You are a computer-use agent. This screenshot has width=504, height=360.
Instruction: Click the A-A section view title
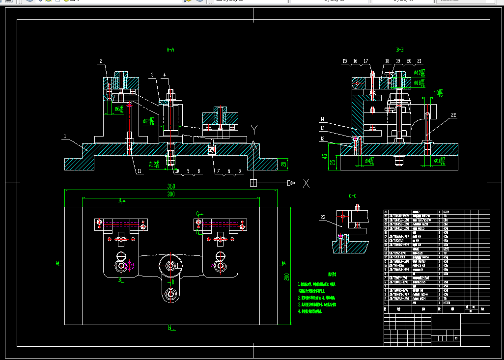[x=170, y=50]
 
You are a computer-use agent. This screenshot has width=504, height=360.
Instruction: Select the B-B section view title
[x=400, y=50]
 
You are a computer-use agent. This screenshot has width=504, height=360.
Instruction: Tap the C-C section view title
[x=353, y=196]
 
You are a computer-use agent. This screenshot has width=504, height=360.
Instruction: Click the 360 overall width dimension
[x=171, y=187]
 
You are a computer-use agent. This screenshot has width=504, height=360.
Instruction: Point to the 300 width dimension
[x=171, y=194]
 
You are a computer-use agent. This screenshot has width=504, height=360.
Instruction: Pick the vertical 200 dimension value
[x=286, y=277]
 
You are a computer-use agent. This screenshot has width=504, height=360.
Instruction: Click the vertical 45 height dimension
[x=325, y=157]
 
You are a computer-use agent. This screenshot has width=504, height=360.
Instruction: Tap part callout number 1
[x=64, y=136]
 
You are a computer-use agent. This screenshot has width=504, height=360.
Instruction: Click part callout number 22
[x=453, y=115]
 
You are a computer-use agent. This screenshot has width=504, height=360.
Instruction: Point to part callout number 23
[x=323, y=217]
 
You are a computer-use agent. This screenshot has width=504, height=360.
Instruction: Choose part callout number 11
[x=139, y=171]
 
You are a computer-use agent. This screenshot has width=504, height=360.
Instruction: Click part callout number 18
[x=387, y=61]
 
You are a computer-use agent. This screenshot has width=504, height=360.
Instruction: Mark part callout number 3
[x=153, y=75]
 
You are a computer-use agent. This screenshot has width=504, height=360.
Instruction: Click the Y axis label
[x=254, y=130]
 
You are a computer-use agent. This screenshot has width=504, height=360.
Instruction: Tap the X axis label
[x=306, y=183]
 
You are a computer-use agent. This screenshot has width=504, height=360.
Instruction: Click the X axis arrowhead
[x=291, y=183]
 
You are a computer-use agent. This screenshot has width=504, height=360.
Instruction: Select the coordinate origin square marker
[x=253, y=183]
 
